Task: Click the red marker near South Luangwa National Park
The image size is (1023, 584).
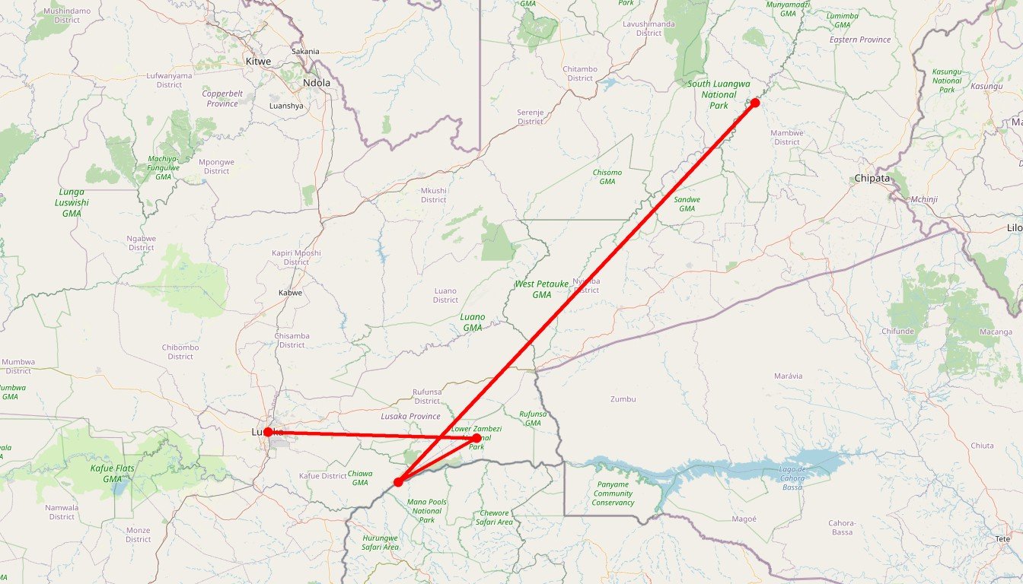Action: [754, 103]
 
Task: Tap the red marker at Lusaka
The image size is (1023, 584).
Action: [268, 432]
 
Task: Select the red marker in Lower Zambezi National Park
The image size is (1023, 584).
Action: [476, 438]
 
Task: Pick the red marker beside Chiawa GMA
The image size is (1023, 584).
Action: [398, 482]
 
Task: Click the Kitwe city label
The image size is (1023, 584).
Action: [258, 61]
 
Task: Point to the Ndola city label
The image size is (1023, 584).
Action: [316, 83]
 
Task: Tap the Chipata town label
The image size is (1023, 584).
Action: [872, 179]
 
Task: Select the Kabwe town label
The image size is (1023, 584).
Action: [290, 293]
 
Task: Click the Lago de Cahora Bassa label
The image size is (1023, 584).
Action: [802, 477]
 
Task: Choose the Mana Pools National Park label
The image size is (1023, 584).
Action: [427, 511]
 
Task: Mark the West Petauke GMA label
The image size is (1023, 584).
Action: [541, 289]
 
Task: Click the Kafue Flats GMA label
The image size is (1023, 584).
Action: [112, 474]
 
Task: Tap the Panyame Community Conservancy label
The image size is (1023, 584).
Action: [613, 494]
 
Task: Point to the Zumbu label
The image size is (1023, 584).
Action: [623, 399]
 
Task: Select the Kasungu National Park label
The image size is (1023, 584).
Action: [947, 81]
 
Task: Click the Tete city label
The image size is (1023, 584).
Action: [1002, 539]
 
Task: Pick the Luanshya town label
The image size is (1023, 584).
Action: [286, 106]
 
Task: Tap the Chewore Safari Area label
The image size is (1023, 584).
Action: [494, 518]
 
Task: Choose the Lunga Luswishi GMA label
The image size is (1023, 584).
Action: [72, 203]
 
